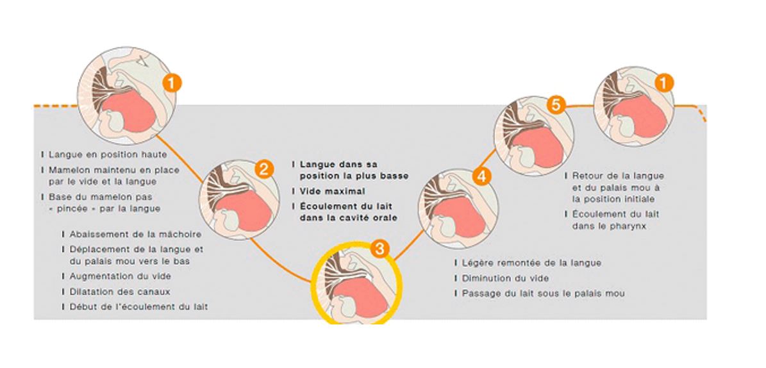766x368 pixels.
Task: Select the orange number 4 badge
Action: coord(481,175)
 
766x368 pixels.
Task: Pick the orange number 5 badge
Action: coord(556,105)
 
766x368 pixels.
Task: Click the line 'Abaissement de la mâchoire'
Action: coord(135,234)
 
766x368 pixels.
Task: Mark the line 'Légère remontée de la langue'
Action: coord(531,263)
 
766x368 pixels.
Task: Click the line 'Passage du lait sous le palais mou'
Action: coord(542,294)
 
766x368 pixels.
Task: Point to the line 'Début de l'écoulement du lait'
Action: coord(138,306)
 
